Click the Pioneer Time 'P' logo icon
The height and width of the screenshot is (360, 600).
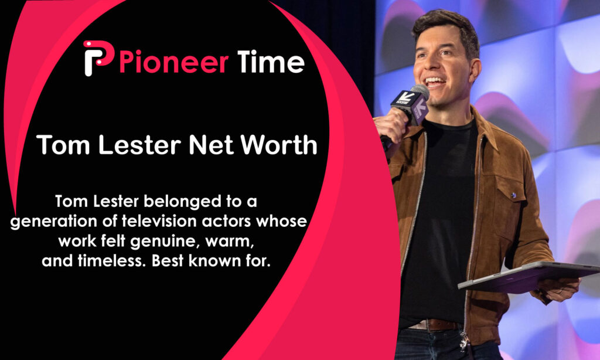pos(97,57)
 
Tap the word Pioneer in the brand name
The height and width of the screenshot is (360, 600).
pos(173,61)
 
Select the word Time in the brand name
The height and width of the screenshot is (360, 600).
pos(271,61)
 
